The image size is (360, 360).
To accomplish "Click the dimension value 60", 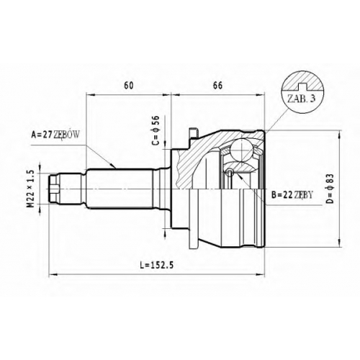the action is pos(129,86).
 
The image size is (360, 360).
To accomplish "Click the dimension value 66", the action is pos(217,86).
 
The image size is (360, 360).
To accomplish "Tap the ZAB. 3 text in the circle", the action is pos(301,99).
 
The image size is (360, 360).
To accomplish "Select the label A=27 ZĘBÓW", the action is pos(55,135).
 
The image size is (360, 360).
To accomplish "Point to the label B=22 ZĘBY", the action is pos(292,195).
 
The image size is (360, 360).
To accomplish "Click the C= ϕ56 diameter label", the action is pos(156,130).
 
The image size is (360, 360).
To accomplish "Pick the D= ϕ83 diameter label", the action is pos(330,189).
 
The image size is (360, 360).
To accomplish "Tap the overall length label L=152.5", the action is pos(157,265).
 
